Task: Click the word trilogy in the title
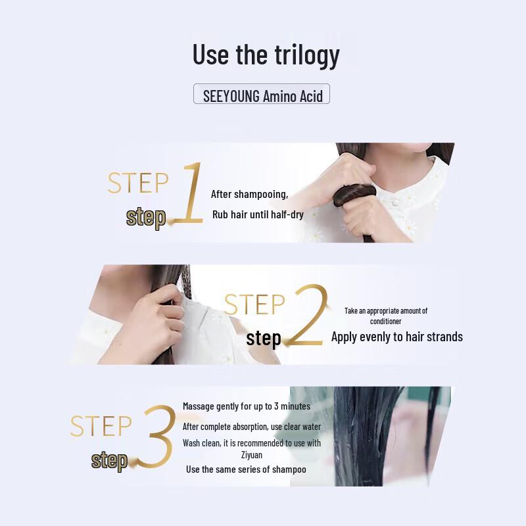pos(307,55)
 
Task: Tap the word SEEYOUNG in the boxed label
pos(231,96)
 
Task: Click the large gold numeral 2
pos(307,315)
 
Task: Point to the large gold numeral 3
pos(156,436)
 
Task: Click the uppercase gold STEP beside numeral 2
pos(254,304)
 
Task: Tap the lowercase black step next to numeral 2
pos(264,339)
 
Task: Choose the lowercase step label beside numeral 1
pos(146,218)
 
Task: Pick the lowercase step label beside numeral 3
pos(109,461)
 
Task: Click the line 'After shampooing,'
pos(249,194)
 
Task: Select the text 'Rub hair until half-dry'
pos(258,215)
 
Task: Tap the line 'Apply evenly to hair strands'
pos(397,337)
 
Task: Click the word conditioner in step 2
pos(386,322)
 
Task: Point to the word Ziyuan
pos(252,455)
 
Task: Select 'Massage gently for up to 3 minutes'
pos(247,406)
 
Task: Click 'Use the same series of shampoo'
pos(246,469)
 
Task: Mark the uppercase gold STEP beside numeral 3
pos(101,426)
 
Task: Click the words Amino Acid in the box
pos(293,97)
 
